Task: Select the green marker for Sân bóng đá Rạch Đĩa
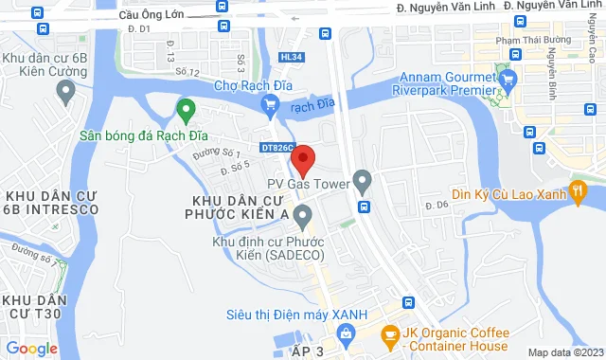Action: click(186, 112)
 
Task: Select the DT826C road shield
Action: click(277, 147)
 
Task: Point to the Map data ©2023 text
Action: click(565, 352)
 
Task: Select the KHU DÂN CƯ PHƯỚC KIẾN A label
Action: click(240, 208)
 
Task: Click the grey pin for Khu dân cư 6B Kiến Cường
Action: click(65, 91)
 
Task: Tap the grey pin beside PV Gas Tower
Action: click(362, 179)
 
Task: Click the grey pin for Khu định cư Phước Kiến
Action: click(303, 219)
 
